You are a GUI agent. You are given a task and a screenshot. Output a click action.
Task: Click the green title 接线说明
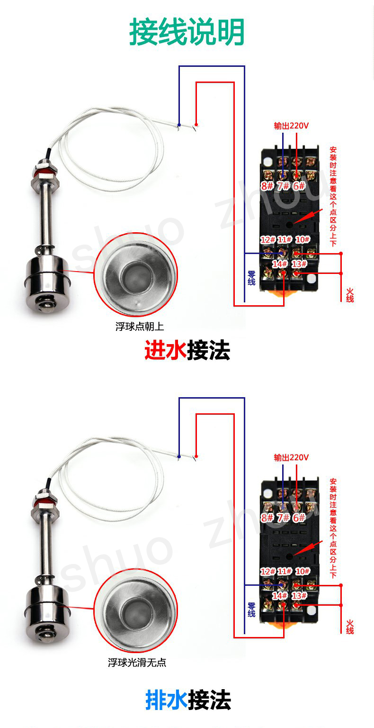click(x=187, y=32)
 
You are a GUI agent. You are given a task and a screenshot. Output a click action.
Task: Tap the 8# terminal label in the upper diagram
click(x=267, y=186)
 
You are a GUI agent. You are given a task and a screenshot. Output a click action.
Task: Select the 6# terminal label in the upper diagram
click(x=299, y=186)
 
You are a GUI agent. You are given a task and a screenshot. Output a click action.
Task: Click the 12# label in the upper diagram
click(x=268, y=239)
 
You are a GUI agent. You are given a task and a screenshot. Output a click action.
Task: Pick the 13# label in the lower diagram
click(x=299, y=596)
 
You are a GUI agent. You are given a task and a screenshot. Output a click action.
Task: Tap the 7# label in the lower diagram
click(x=283, y=518)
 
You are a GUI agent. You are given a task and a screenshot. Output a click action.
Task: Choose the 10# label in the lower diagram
click(x=303, y=571)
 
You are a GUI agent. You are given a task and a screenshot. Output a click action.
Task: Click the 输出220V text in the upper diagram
click(x=291, y=126)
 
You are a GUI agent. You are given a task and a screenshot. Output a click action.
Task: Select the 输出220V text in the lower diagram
click(x=291, y=457)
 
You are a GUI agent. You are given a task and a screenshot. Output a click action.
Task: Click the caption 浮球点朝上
click(x=140, y=326)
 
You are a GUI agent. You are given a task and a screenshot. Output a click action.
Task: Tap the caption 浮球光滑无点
click(x=137, y=662)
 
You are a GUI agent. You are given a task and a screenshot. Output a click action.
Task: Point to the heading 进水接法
click(x=187, y=350)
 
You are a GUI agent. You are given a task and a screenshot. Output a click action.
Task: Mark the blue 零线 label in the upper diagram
click(x=251, y=278)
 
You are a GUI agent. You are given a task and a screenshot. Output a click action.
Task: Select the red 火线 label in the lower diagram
click(x=350, y=627)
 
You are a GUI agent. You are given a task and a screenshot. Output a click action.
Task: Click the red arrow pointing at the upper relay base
click(x=308, y=216)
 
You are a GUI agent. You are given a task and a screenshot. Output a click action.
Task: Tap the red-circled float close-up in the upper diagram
click(x=136, y=275)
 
